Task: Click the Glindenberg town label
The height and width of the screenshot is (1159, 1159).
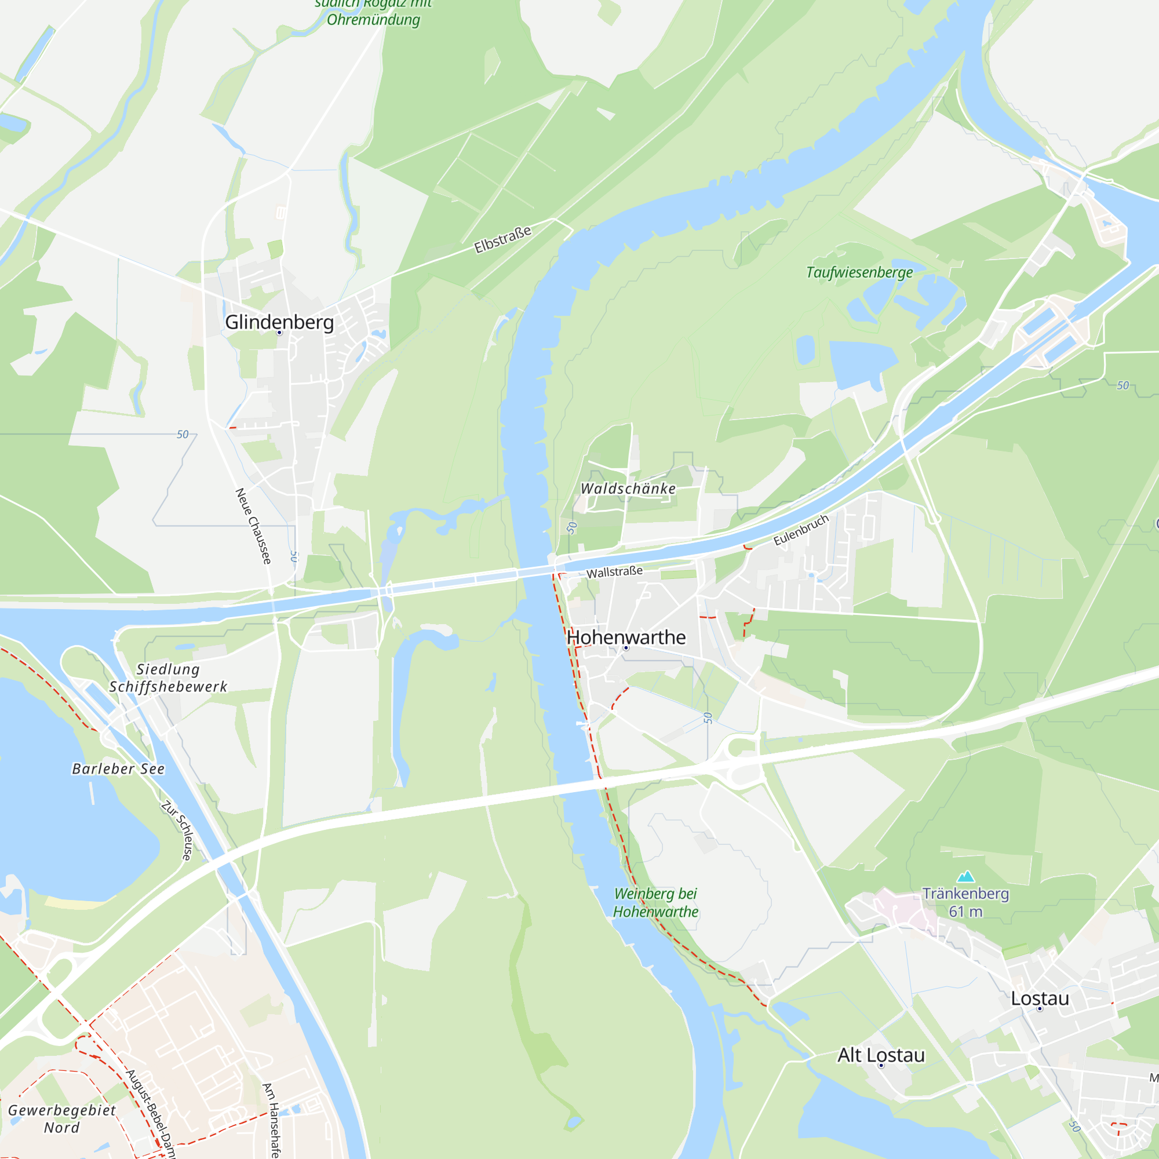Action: tap(279, 322)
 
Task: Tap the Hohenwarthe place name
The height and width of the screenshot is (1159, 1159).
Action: tap(626, 637)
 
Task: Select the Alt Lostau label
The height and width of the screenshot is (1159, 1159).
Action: tap(881, 1055)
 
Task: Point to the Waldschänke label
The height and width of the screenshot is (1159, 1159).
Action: tap(628, 489)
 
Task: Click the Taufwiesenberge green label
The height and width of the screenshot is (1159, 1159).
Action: tap(859, 272)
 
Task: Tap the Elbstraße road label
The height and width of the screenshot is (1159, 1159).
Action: tap(502, 239)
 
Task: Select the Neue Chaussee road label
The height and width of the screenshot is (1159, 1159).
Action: tap(253, 526)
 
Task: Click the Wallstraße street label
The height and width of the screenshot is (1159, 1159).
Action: tap(614, 572)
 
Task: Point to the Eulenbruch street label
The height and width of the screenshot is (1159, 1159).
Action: tap(801, 530)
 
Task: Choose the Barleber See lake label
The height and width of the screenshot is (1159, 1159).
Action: tap(118, 768)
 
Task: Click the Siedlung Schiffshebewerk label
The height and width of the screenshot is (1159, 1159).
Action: tap(168, 678)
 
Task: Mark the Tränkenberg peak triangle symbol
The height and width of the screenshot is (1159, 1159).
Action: tap(965, 877)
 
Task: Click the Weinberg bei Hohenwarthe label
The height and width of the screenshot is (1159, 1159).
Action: tap(655, 902)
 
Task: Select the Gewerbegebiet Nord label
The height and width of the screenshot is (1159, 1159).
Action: tap(62, 1119)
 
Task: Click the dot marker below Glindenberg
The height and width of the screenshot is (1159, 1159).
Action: tap(279, 332)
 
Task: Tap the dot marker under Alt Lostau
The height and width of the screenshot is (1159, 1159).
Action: tap(881, 1066)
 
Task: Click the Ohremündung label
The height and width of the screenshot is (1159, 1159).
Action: tap(373, 20)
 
